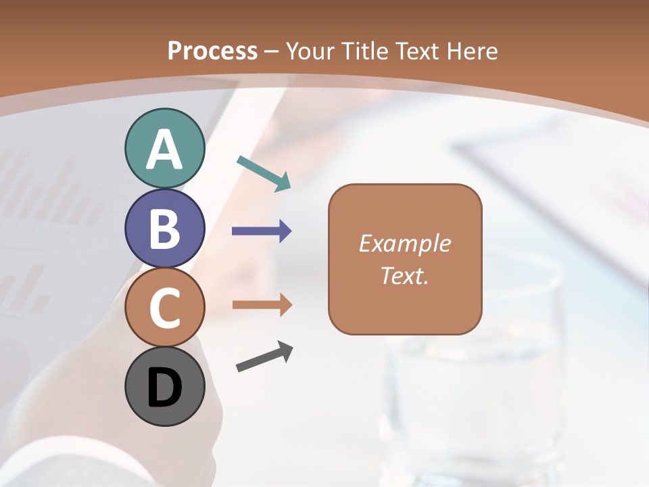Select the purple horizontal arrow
click(x=262, y=231)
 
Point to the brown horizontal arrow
click(x=262, y=304)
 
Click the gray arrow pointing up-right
click(x=264, y=356)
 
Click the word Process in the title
click(x=212, y=51)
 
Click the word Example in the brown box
click(x=404, y=243)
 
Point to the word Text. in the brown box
click(x=404, y=275)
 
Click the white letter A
click(x=164, y=149)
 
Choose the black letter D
click(x=164, y=388)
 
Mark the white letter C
click(x=164, y=308)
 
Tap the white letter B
click(x=164, y=229)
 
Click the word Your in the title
click(x=312, y=51)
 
